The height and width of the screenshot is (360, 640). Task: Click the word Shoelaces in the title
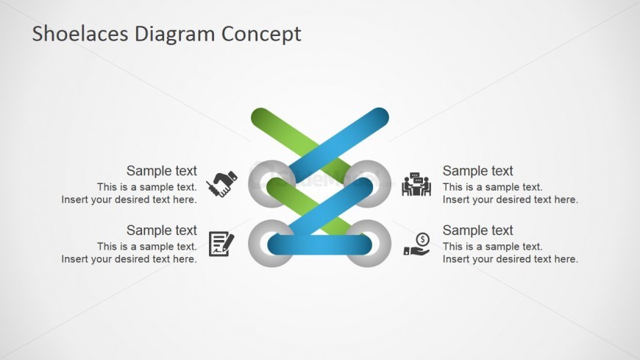[x=80, y=34]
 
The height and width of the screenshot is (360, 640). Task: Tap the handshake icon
[x=221, y=184]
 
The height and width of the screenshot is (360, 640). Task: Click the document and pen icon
[x=221, y=244]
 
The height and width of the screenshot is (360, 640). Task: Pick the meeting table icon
[x=416, y=184]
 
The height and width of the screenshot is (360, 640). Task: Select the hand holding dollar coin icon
[x=416, y=244]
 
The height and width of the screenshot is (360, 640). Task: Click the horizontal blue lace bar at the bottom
[x=319, y=244]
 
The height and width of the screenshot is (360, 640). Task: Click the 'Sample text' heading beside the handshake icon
[x=162, y=171]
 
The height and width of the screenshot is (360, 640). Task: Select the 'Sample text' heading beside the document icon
[x=162, y=230]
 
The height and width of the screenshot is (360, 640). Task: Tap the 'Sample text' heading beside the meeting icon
[x=477, y=171]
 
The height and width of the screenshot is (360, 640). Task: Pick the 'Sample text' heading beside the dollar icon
[x=477, y=230]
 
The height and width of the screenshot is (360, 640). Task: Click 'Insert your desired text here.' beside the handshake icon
[x=129, y=200]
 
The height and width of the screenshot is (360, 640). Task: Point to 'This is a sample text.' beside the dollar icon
[x=493, y=247]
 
